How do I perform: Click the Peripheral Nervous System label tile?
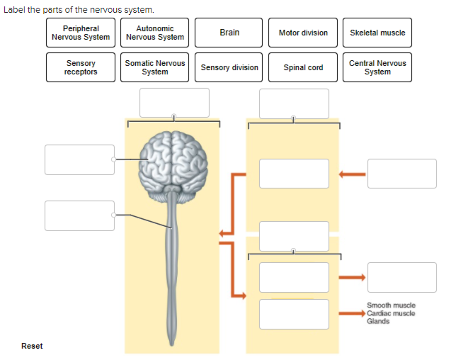coord(81,33)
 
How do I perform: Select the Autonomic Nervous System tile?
coord(155,33)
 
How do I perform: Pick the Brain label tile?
coord(229,33)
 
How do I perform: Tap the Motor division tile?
coord(303,33)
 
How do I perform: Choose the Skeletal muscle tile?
coord(377,33)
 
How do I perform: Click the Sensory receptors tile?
coord(81,67)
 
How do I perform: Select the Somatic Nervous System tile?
coord(155,67)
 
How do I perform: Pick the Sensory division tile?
coord(229,67)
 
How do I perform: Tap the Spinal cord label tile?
coord(303,67)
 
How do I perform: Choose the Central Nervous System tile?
coord(377,67)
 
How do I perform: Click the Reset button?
coord(32,346)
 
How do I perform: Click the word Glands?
coord(378,321)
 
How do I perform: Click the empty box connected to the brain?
coord(79,159)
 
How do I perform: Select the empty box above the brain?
coord(174,103)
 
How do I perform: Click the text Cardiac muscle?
coord(391,313)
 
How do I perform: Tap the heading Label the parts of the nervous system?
coord(79,9)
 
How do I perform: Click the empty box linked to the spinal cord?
coord(79,215)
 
